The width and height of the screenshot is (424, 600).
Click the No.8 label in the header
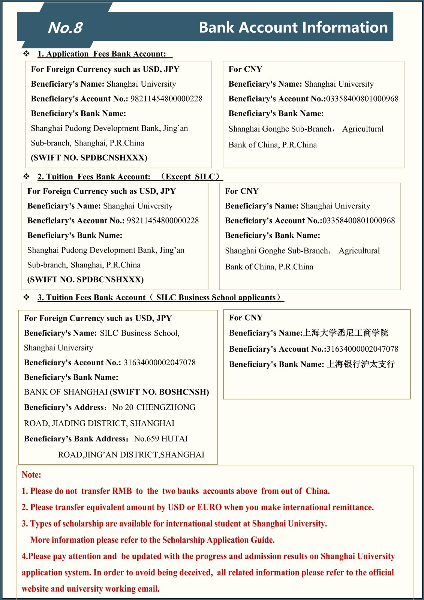pos(65,28)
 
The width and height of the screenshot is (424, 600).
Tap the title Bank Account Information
pos(293,27)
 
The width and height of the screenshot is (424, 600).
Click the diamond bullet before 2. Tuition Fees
pos(27,176)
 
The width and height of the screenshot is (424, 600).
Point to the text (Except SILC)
pos(190,177)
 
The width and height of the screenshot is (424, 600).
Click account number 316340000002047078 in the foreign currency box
pos(159,363)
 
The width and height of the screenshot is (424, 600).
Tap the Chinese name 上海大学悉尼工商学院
pos(345,333)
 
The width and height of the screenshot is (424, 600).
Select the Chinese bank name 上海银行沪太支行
pos(361,364)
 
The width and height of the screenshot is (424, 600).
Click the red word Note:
pos(31,475)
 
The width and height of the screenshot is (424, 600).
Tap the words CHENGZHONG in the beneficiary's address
pos(166,407)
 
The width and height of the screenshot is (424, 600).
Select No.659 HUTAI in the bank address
pos(161,439)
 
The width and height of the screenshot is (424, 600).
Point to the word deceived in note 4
pos(196,573)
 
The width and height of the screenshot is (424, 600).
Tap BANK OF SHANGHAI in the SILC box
pos(66,392)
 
